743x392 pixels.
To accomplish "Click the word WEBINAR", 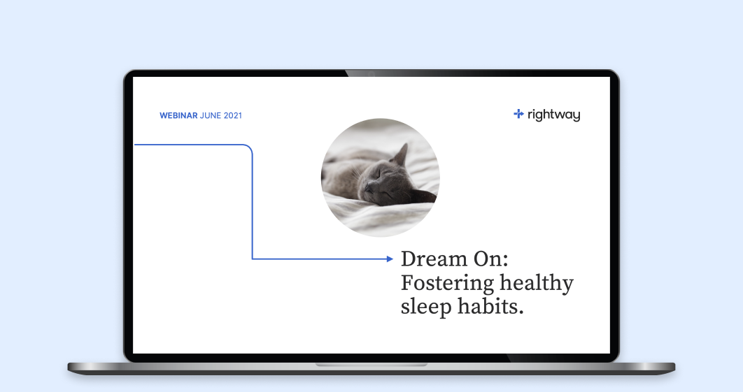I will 178,115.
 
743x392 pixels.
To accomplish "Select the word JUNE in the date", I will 211,115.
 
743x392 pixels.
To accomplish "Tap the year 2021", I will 233,115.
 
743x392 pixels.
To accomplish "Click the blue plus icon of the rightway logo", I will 518,114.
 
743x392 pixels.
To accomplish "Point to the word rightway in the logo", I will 553,115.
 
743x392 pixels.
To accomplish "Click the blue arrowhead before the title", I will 390,259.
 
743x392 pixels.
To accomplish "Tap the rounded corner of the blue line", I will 249,148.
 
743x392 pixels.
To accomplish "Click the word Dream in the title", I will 433,259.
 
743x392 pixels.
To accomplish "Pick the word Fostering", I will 447,284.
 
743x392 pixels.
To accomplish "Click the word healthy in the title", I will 537,284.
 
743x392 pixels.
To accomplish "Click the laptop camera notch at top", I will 371,73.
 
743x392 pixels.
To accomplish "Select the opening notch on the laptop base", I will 371,365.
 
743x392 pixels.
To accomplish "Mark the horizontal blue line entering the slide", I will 189,145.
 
